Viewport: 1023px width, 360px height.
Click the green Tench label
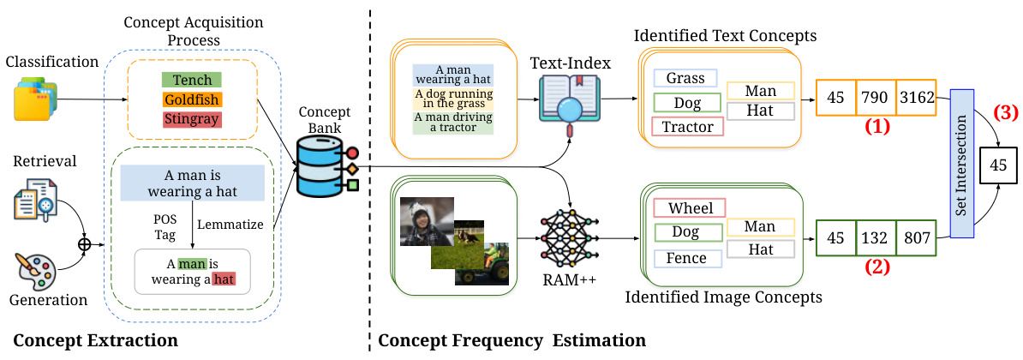point(191,80)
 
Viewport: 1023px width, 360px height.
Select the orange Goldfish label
point(191,99)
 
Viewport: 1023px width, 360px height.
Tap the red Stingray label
point(191,118)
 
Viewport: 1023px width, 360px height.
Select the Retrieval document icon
point(37,203)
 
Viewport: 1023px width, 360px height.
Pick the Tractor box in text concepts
point(687,127)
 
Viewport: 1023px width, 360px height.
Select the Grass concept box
point(687,79)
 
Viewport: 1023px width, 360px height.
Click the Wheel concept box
point(689,207)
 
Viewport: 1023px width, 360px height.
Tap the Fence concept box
point(687,258)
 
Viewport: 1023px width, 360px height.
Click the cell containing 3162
point(917,97)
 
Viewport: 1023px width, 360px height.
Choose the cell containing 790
point(876,97)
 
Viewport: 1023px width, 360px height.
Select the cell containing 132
point(876,237)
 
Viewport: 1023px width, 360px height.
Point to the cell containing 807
point(916,237)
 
